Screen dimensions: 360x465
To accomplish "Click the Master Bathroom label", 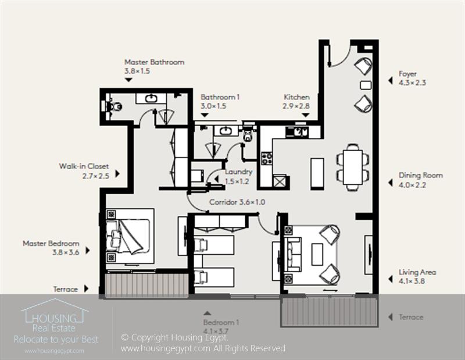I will pos(154,62).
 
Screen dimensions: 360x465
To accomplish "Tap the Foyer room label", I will pos(407,74).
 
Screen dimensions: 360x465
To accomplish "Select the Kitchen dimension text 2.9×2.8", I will pos(296,106).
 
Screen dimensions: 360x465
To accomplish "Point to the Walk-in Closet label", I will pos(84,166).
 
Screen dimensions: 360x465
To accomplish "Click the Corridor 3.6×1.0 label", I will pos(237,202).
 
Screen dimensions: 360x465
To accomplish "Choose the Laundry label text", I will pos(238,172).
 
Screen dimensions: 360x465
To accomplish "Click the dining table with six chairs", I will pos(353,167).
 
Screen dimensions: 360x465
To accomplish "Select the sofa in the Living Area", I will pos(294,254).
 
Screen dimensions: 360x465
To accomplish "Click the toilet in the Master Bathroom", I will pos(114,106).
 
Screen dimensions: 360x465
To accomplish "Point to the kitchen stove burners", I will pos(267,158).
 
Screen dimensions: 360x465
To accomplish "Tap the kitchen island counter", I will pos(317,173).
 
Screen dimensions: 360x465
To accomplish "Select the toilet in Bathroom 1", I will pos(248,136).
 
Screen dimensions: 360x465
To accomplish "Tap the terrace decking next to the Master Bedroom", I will pos(146,286).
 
